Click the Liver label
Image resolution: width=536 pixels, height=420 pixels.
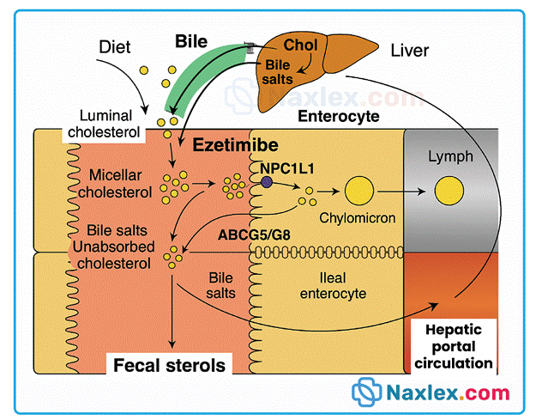pos(408,50)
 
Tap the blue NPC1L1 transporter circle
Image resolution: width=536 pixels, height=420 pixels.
pos(267,183)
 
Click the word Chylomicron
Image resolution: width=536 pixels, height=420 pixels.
pos(359,218)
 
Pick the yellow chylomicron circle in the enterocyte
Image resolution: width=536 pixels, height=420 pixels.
pos(358,189)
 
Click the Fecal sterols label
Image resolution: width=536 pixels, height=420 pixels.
pos(169,365)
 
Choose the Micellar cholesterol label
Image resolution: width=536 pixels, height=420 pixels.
pos(107,183)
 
